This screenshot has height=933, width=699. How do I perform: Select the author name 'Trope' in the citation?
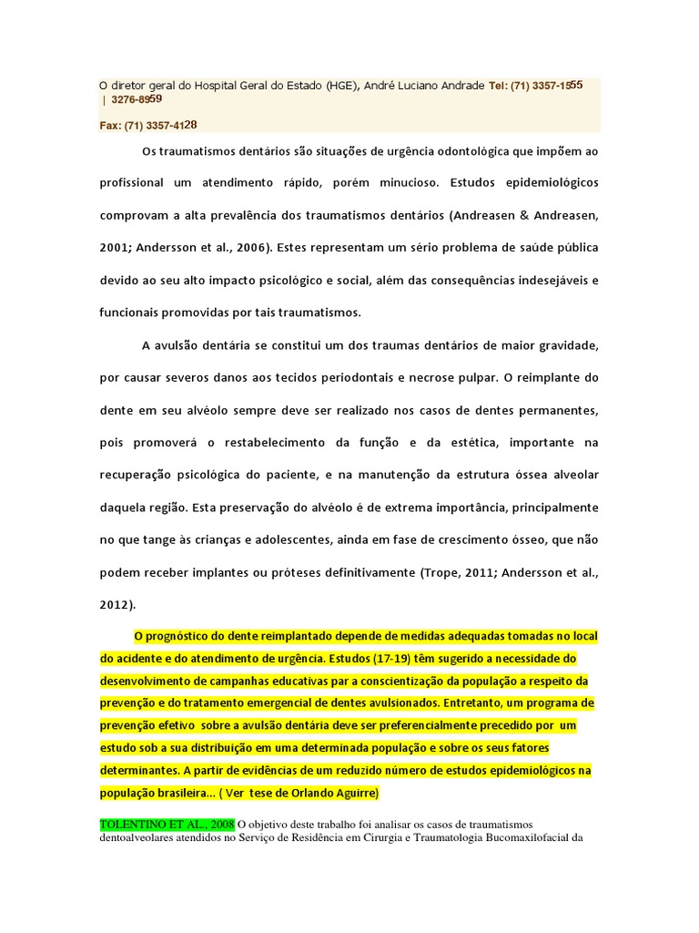pos(440,571)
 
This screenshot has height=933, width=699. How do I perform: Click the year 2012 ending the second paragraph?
pos(115,603)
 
